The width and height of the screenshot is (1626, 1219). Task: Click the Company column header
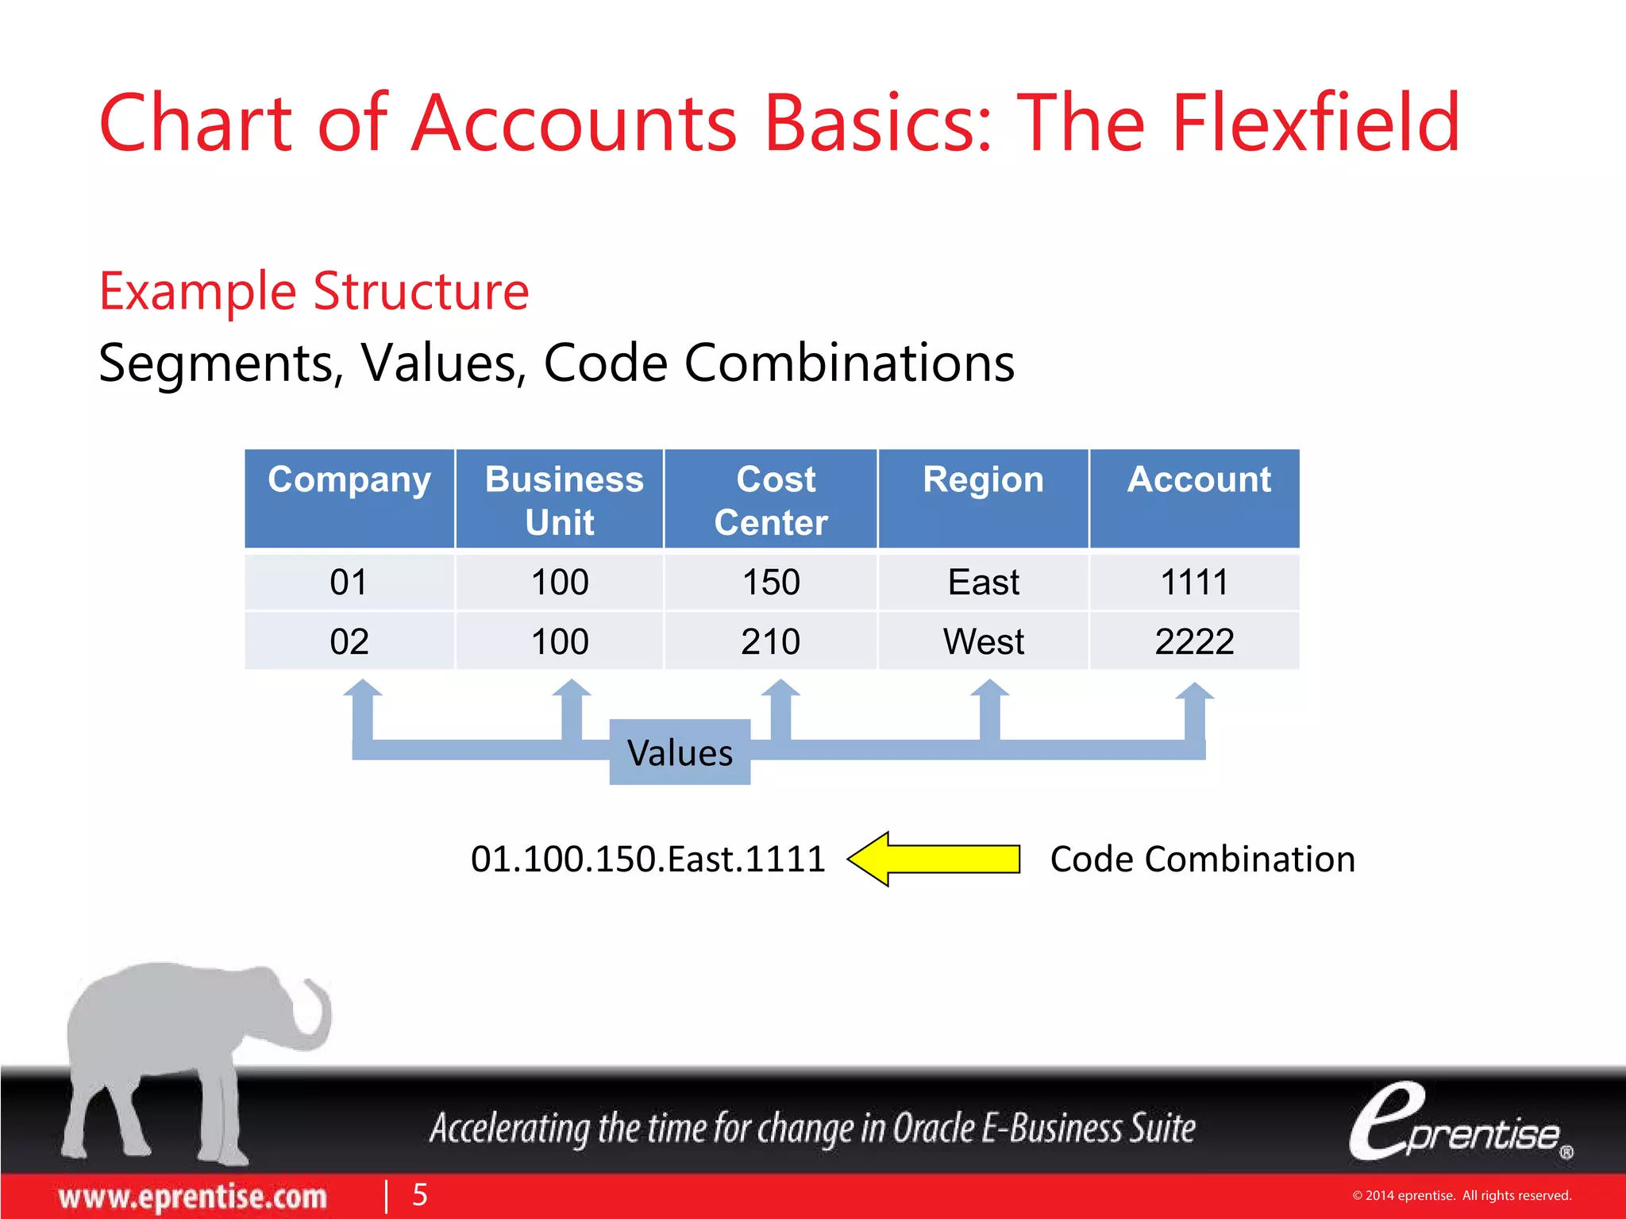[x=349, y=498]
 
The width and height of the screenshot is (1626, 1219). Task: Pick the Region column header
[x=983, y=498]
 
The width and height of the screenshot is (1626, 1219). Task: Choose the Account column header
[x=1195, y=498]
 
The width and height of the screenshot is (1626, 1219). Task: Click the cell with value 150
[x=771, y=582]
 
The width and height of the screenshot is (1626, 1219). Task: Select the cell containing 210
[x=771, y=641]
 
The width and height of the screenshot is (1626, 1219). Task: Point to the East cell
[x=983, y=582]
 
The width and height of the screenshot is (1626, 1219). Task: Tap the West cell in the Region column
[x=983, y=641]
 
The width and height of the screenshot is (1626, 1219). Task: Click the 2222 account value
[x=1195, y=641]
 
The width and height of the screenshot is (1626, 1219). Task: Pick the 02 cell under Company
[x=349, y=641]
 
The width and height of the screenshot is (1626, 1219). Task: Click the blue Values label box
[x=680, y=752]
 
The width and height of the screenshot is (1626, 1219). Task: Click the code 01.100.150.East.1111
[x=648, y=859]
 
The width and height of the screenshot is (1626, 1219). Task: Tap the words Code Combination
[x=1202, y=859]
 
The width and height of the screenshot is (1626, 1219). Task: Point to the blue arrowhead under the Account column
[x=1195, y=693]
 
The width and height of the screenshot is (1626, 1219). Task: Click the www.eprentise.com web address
[x=193, y=1196]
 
